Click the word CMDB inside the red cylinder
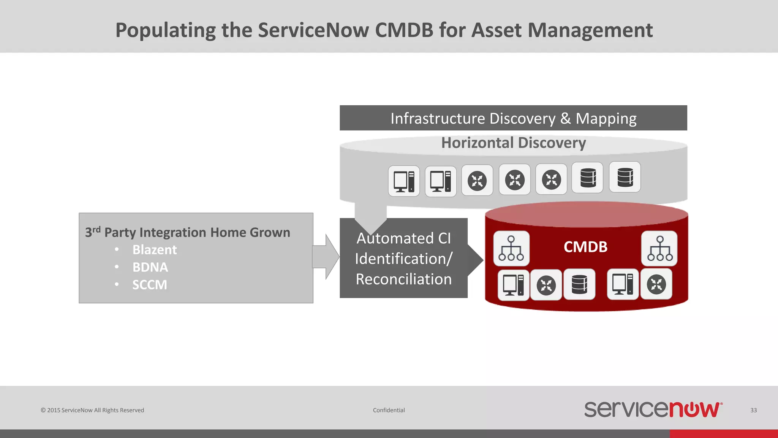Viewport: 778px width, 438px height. pos(585,247)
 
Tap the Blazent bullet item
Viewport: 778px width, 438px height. pos(154,250)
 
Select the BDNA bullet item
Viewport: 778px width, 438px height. pos(150,267)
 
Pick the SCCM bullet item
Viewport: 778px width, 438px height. pos(149,285)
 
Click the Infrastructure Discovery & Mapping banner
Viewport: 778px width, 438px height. pos(513,118)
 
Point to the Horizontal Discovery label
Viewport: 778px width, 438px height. pos(513,143)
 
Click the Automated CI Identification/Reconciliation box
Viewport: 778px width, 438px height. pos(403,259)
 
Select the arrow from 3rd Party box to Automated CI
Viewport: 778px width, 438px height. pos(326,257)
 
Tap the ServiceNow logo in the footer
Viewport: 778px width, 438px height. pos(653,409)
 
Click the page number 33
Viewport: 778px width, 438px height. pos(753,410)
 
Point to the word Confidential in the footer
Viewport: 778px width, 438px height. pos(389,410)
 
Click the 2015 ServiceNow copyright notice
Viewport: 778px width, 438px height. pos(92,410)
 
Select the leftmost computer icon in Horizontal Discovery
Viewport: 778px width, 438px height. pos(404,181)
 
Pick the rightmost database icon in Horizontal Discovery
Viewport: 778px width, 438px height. pos(625,177)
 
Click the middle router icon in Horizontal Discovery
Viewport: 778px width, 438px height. pos(515,179)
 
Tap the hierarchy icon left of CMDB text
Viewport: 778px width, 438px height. pos(511,248)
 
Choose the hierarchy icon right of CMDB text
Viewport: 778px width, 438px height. pos(659,248)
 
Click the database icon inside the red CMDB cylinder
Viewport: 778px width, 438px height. pos(579,285)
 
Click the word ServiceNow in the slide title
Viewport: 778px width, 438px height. pos(313,30)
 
